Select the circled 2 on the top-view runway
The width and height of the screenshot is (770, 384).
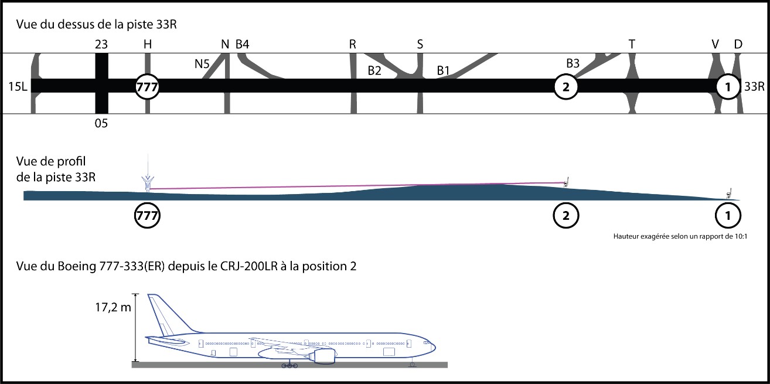click(566, 87)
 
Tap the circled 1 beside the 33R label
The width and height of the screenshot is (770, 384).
click(728, 87)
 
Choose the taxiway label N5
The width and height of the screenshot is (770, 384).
click(202, 64)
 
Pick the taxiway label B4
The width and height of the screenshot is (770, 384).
click(243, 44)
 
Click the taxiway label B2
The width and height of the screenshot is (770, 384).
click(374, 70)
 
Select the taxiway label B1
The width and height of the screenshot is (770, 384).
click(444, 70)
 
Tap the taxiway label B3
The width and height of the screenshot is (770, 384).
click(573, 63)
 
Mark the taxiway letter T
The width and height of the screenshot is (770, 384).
click(631, 44)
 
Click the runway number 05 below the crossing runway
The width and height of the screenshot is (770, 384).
click(101, 124)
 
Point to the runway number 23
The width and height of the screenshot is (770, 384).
click(101, 44)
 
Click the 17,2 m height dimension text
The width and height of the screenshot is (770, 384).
click(114, 307)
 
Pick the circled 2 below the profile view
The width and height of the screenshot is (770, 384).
click(566, 215)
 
